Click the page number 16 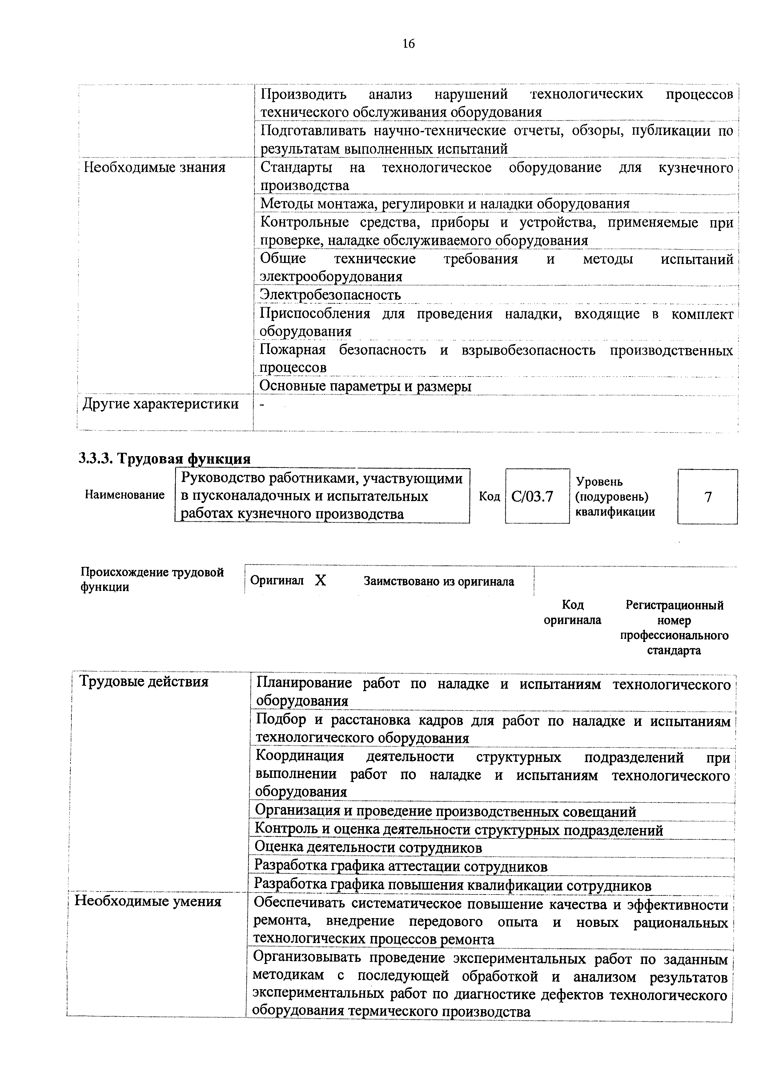click(x=408, y=44)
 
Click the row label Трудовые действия click(x=144, y=681)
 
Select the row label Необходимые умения click(x=148, y=901)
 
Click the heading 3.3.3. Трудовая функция click(x=165, y=458)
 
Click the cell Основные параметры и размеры click(x=365, y=386)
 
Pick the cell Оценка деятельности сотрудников click(x=368, y=847)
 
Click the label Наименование click(x=125, y=495)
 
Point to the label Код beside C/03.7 click(x=489, y=496)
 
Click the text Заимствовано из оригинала click(x=439, y=582)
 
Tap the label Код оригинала click(x=572, y=612)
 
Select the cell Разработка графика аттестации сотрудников click(x=400, y=866)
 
